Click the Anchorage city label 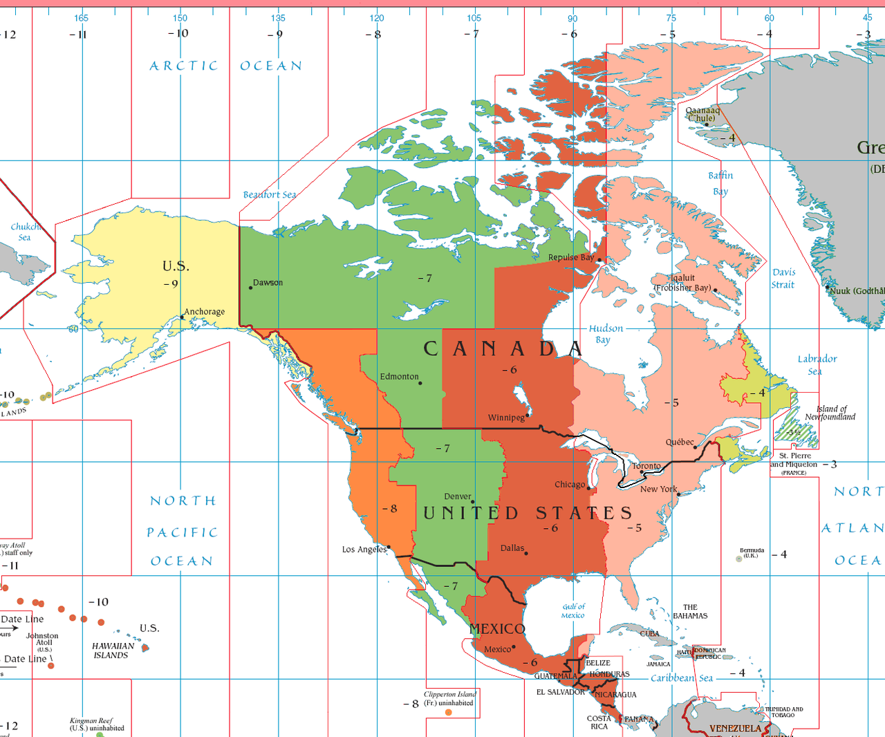204,312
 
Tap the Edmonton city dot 420,383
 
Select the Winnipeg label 506,418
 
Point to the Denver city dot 473,502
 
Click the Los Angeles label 364,550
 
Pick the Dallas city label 512,548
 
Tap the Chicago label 570,485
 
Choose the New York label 658,489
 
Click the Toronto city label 646,466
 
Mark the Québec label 680,442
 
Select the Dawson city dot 250,288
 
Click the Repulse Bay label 571,257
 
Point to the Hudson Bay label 606,334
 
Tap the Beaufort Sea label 270,195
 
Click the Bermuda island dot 739,559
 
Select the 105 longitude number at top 474,18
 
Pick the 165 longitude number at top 81,18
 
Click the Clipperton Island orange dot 449,712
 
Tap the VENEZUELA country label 735,729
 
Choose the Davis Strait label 783,279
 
